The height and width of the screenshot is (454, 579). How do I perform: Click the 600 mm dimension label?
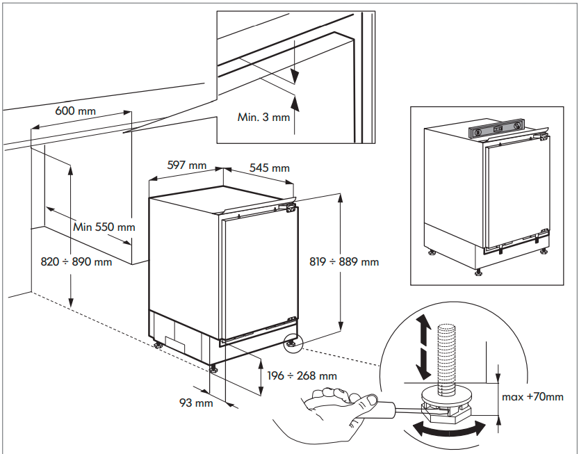click(x=76, y=111)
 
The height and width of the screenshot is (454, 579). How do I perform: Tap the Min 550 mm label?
click(x=104, y=227)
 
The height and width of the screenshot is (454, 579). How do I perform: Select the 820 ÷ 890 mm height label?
click(x=76, y=262)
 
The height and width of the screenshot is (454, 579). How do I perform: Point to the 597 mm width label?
click(x=187, y=165)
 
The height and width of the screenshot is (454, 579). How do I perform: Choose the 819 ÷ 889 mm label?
click(x=344, y=262)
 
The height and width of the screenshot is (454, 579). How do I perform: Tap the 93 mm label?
click(x=196, y=403)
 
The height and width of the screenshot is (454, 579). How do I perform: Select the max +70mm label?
click(x=532, y=397)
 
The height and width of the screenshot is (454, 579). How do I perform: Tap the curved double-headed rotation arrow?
click(x=448, y=429)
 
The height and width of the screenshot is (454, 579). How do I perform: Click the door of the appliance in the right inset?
click(x=511, y=191)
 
